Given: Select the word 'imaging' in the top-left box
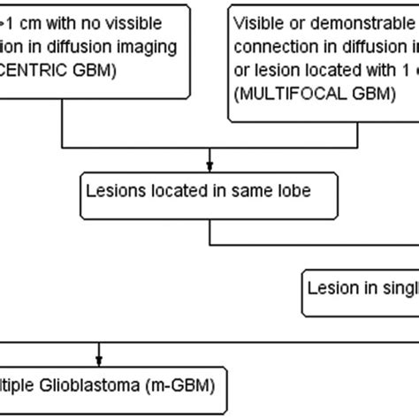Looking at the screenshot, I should click(153, 44).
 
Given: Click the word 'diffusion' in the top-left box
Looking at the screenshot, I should click(90, 44).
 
